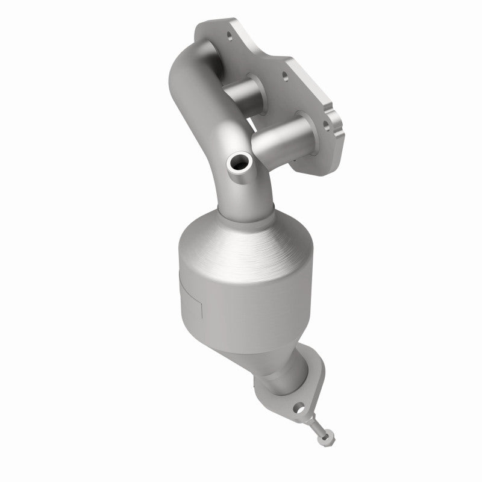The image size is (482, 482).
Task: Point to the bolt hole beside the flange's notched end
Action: (325, 125)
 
